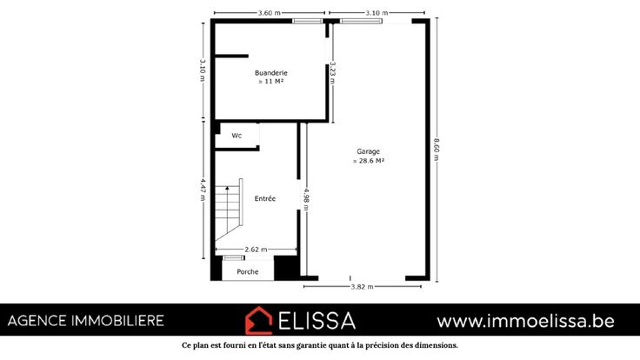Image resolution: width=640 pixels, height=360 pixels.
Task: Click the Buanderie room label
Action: click(271, 73)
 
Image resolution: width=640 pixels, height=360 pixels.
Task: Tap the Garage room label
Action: click(368, 151)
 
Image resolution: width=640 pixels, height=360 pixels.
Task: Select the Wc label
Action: click(237, 136)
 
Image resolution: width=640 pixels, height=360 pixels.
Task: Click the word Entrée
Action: click(265, 199)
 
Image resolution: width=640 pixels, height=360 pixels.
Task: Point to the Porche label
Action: click(248, 272)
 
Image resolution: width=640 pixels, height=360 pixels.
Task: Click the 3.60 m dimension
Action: click(270, 13)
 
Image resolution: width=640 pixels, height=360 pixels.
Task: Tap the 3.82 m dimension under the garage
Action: click(362, 287)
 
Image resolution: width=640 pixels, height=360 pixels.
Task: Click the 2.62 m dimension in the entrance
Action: click(256, 250)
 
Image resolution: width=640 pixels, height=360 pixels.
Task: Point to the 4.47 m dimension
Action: click(203, 190)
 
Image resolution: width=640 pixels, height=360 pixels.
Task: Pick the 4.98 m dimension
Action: click(306, 200)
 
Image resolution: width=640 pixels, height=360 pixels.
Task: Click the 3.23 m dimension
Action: click(333, 73)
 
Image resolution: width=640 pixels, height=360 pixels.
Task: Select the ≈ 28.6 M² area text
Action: click(368, 161)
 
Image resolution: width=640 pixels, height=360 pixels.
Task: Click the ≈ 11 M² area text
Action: click(271, 82)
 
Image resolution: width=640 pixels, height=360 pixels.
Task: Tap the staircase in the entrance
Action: click(229, 210)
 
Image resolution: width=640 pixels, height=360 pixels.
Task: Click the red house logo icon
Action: click(258, 320)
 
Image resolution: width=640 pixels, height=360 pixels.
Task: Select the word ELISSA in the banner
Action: click(317, 321)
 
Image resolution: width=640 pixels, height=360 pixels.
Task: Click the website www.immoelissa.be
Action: click(526, 321)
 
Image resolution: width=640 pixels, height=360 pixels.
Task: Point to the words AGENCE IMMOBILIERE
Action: click(86, 321)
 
